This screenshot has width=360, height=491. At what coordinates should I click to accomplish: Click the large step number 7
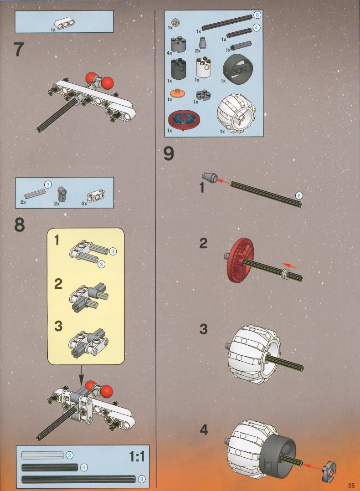(18, 50)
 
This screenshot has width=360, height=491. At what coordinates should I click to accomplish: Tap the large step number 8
(19, 225)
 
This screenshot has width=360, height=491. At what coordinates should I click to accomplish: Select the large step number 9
(169, 153)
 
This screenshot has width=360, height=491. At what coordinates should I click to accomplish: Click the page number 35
(350, 485)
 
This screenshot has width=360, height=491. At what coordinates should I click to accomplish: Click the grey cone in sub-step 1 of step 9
(210, 176)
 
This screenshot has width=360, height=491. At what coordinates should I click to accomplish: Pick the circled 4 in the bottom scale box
(84, 467)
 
